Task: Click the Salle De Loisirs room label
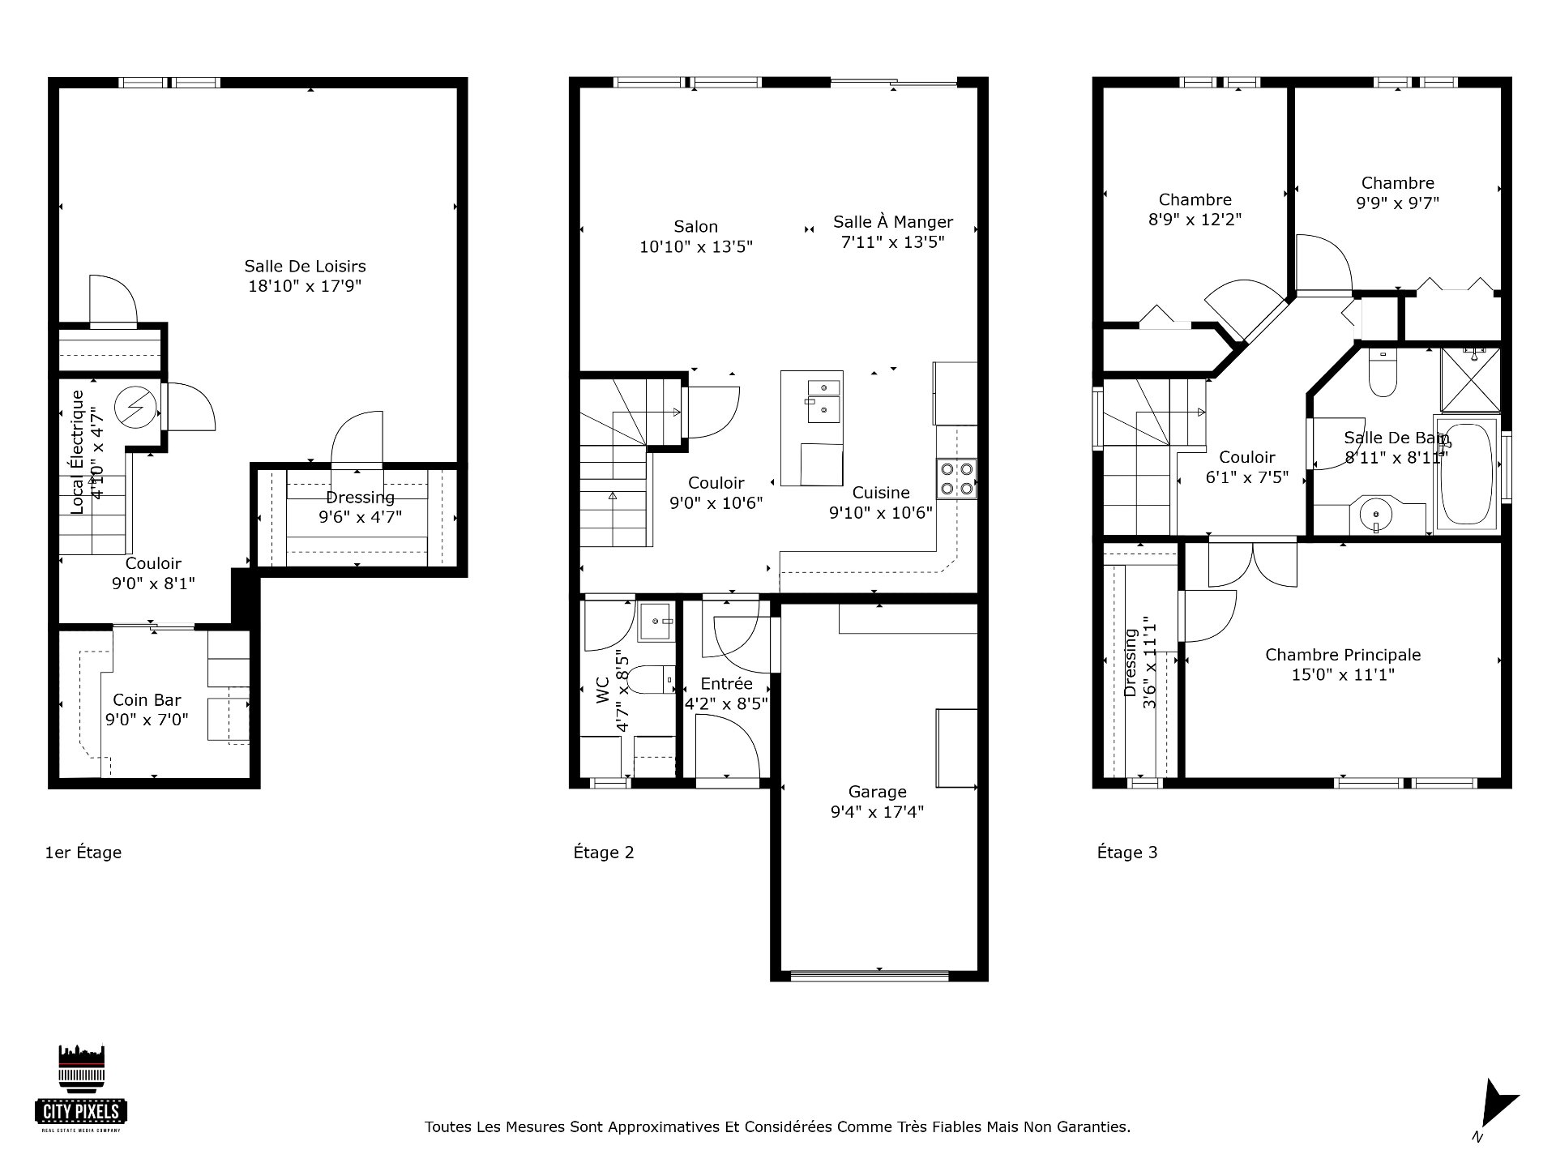tap(305, 266)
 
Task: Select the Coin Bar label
tap(147, 700)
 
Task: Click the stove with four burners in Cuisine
tap(956, 478)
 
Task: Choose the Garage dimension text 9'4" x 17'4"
tap(877, 811)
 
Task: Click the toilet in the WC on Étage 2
tap(653, 680)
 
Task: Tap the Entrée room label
tap(727, 684)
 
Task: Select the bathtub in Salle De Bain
tap(1466, 473)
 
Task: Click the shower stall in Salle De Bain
tap(1470, 380)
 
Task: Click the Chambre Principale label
tap(1343, 655)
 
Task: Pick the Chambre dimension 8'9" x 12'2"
tap(1195, 219)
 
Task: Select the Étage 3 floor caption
tap(1127, 853)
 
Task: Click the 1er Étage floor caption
tap(83, 853)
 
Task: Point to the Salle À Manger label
tap(893, 222)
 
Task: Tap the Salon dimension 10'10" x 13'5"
tap(696, 246)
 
